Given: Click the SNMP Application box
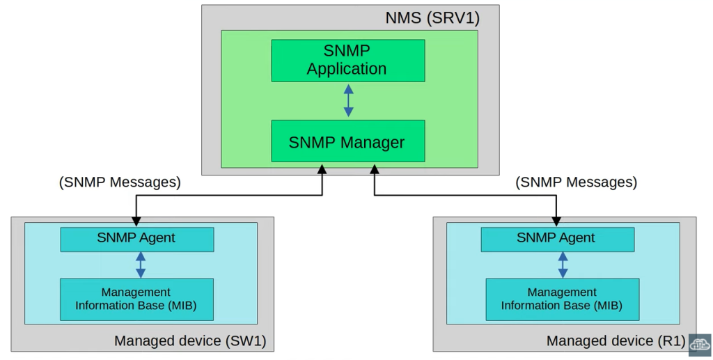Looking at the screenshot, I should click(x=347, y=60).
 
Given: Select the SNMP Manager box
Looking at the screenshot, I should click(x=347, y=142).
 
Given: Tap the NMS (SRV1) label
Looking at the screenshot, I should click(x=432, y=17).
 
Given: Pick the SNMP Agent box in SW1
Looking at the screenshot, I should click(x=136, y=239).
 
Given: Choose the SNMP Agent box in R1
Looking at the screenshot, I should click(x=557, y=239).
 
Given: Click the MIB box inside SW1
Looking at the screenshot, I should click(x=136, y=299).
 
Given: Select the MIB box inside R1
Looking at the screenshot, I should click(x=562, y=299).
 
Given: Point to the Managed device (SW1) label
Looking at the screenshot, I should click(x=190, y=341).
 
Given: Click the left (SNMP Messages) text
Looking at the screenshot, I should click(x=120, y=182).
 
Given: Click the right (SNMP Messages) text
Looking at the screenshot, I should click(x=577, y=182).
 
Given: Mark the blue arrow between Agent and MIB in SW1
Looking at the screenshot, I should click(x=141, y=265).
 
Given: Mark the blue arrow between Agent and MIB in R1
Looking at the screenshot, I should click(x=563, y=265).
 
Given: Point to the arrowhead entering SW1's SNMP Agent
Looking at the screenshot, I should click(x=136, y=222).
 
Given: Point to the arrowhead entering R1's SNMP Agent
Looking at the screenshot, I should click(x=557, y=222).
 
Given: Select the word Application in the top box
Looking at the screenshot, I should click(x=347, y=69).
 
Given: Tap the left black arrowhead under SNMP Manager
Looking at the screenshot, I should click(x=322, y=169).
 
